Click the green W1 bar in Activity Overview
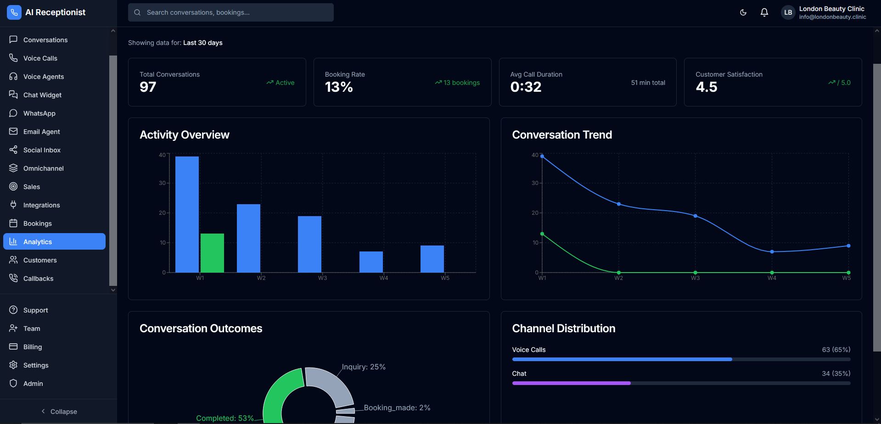(212, 253)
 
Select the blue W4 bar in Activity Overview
(371, 262)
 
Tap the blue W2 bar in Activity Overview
(248, 238)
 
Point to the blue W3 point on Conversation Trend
(695, 216)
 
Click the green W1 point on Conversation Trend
(542, 234)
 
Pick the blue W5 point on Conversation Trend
(848, 246)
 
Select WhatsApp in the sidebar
(39, 113)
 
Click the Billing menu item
(32, 347)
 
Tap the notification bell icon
(764, 12)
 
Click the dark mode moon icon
(743, 12)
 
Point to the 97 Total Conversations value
(148, 87)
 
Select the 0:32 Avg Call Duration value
(526, 87)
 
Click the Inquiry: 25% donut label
(364, 367)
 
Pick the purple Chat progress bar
(571, 383)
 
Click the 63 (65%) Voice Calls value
(836, 350)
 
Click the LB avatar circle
(788, 12)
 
